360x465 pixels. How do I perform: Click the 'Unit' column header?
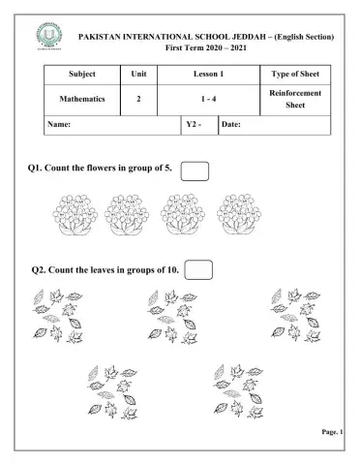[x=139, y=74]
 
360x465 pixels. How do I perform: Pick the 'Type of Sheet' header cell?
[x=292, y=74]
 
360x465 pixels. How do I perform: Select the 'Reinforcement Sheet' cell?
[x=292, y=99]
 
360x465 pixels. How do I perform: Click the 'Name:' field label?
[x=59, y=125]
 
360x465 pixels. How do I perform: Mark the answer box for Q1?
[x=195, y=171]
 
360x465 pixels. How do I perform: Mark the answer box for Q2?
[x=197, y=269]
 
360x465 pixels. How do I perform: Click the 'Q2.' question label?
[x=41, y=270]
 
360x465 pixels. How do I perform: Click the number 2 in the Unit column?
[x=139, y=99]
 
